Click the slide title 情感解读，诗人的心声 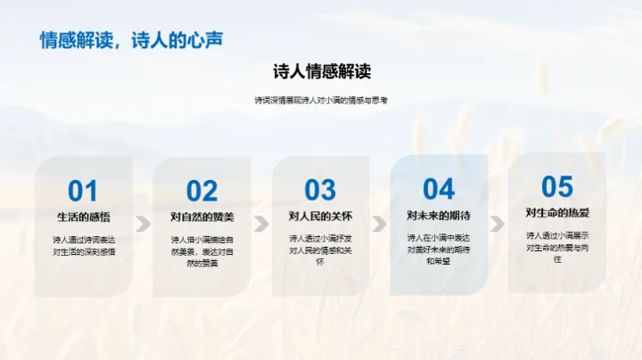point(131,40)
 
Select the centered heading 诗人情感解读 point(321,71)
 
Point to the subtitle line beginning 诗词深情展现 point(321,101)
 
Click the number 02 point(202,191)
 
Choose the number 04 point(439,188)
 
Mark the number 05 point(557,186)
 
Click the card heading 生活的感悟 point(83,217)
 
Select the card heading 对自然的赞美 point(202,217)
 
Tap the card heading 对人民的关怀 point(320,216)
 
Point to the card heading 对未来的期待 point(439,215)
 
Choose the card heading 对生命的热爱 point(557,213)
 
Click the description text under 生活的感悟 point(83,246)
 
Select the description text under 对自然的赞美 point(202,251)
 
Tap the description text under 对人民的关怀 point(320,250)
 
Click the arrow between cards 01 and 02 point(143,223)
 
